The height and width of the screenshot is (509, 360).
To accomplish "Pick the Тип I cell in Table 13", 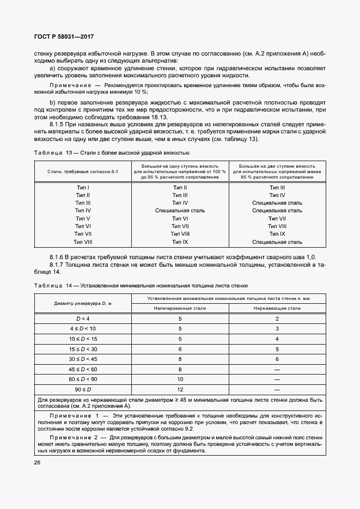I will pyautogui.click(x=83, y=187).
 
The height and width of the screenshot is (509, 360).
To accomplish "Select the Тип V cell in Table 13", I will pyautogui.click(x=83, y=218).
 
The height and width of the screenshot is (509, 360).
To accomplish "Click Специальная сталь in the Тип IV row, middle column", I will pyautogui.click(x=180, y=210).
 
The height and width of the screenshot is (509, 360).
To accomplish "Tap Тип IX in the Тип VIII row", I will pyautogui.click(x=180, y=242).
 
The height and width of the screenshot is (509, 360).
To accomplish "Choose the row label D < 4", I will pyautogui.click(x=83, y=318).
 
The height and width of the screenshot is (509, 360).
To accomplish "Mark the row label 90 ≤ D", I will pyautogui.click(x=83, y=390).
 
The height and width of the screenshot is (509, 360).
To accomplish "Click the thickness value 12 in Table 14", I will pyautogui.click(x=180, y=390).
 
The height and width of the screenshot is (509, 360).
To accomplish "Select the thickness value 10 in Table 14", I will pyautogui.click(x=180, y=378).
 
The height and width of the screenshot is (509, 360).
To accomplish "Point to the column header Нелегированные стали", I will pyautogui.click(x=180, y=308).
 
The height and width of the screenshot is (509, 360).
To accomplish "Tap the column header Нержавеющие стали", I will pyautogui.click(x=277, y=308).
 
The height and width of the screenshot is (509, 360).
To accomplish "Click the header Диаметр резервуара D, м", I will pyautogui.click(x=83, y=303).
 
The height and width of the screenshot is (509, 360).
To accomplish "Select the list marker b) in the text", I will pyautogui.click(x=52, y=102).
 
